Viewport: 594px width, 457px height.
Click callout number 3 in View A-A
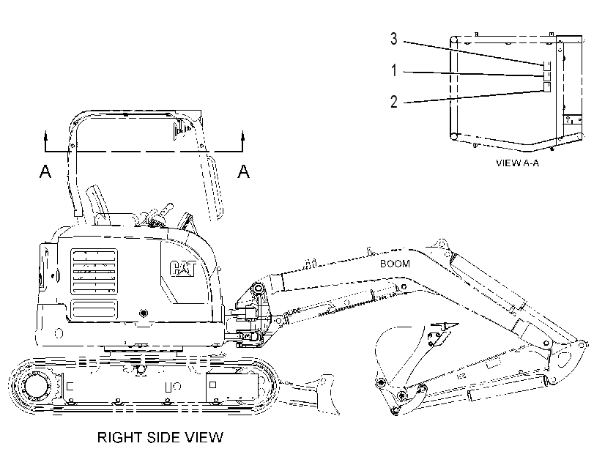tap(394, 39)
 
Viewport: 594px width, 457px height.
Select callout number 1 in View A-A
tap(394, 70)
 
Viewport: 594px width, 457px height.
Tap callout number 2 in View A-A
tap(394, 102)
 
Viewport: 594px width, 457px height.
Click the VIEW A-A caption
tap(518, 163)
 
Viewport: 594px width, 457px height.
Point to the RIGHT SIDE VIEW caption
tap(160, 437)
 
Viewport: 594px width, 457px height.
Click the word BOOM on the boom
tap(395, 264)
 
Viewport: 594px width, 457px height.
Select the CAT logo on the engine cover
tap(182, 269)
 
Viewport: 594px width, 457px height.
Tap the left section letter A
tap(45, 171)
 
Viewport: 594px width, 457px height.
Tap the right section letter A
tap(244, 171)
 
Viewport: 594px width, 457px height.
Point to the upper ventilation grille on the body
tap(94, 272)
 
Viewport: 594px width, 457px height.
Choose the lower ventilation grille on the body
tap(94, 309)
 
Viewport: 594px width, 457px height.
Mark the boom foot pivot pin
tap(259, 289)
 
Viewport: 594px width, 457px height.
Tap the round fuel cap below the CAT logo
tap(144, 313)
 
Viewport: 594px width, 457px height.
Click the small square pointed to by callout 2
tap(546, 87)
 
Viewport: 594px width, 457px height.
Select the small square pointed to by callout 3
tap(546, 66)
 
